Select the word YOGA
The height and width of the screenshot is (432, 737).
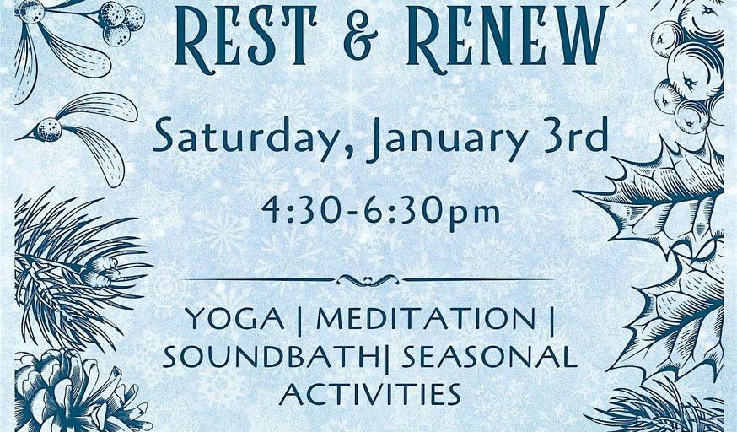coord(235,318)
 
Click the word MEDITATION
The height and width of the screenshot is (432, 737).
coord(426,318)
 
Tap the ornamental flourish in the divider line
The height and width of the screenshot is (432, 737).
coord(368,280)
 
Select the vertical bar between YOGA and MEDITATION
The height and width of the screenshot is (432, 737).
coord(301,321)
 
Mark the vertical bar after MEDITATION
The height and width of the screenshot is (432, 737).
coord(551,321)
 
